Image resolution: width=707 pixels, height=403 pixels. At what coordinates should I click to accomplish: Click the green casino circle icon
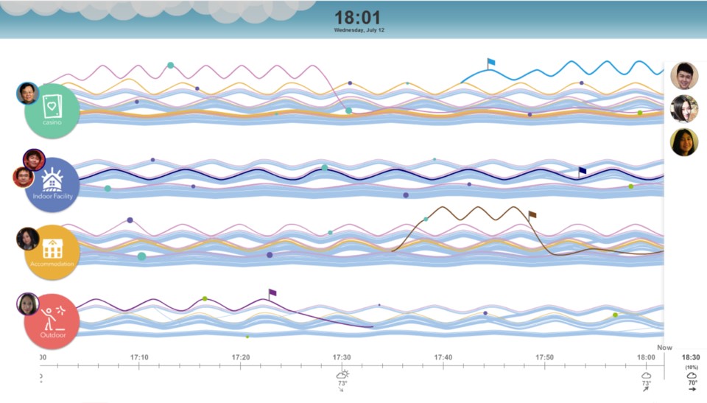(52, 111)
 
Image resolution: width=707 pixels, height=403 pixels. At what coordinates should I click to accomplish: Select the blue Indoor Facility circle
(52, 184)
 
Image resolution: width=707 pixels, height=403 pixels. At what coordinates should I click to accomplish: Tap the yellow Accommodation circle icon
(52, 253)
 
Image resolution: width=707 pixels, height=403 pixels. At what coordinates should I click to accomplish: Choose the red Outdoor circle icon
(52, 321)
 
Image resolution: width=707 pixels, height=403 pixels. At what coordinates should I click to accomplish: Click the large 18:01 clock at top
(359, 18)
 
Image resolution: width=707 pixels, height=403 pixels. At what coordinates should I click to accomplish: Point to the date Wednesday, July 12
(359, 30)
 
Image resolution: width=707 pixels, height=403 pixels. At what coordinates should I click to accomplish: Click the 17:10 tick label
(139, 357)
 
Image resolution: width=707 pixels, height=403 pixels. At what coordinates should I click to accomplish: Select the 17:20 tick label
(241, 357)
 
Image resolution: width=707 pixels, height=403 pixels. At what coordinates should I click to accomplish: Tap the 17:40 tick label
(443, 357)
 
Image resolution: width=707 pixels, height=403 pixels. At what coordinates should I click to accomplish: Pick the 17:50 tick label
(544, 357)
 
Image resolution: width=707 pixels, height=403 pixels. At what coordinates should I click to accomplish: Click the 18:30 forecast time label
(692, 357)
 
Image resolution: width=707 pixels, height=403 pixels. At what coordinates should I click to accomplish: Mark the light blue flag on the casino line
(491, 63)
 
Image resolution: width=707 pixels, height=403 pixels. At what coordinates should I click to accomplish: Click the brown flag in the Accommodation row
(532, 215)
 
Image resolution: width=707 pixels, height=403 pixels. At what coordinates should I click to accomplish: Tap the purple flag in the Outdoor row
(272, 293)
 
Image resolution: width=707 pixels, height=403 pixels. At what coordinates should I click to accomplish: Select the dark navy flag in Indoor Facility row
(583, 171)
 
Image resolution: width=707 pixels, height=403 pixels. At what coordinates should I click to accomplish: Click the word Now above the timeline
(664, 347)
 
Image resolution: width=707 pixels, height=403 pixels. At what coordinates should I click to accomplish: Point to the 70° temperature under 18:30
(692, 383)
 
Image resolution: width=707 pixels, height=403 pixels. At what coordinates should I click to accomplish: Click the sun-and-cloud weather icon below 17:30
(342, 374)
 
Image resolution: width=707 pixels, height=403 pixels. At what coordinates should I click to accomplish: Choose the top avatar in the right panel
(684, 76)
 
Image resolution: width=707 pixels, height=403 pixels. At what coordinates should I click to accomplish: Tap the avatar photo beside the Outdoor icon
(27, 304)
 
